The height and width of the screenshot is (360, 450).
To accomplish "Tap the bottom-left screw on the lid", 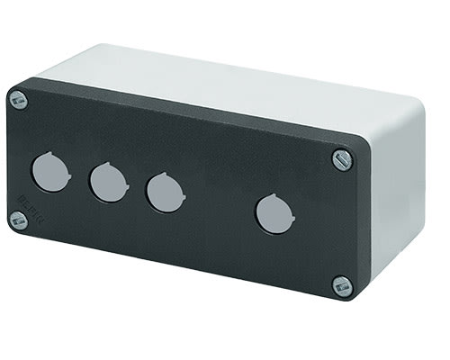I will (x=18, y=220).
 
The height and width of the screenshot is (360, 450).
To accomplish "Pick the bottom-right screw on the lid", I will (x=341, y=287).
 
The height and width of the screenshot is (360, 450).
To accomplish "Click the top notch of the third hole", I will (x=166, y=176).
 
